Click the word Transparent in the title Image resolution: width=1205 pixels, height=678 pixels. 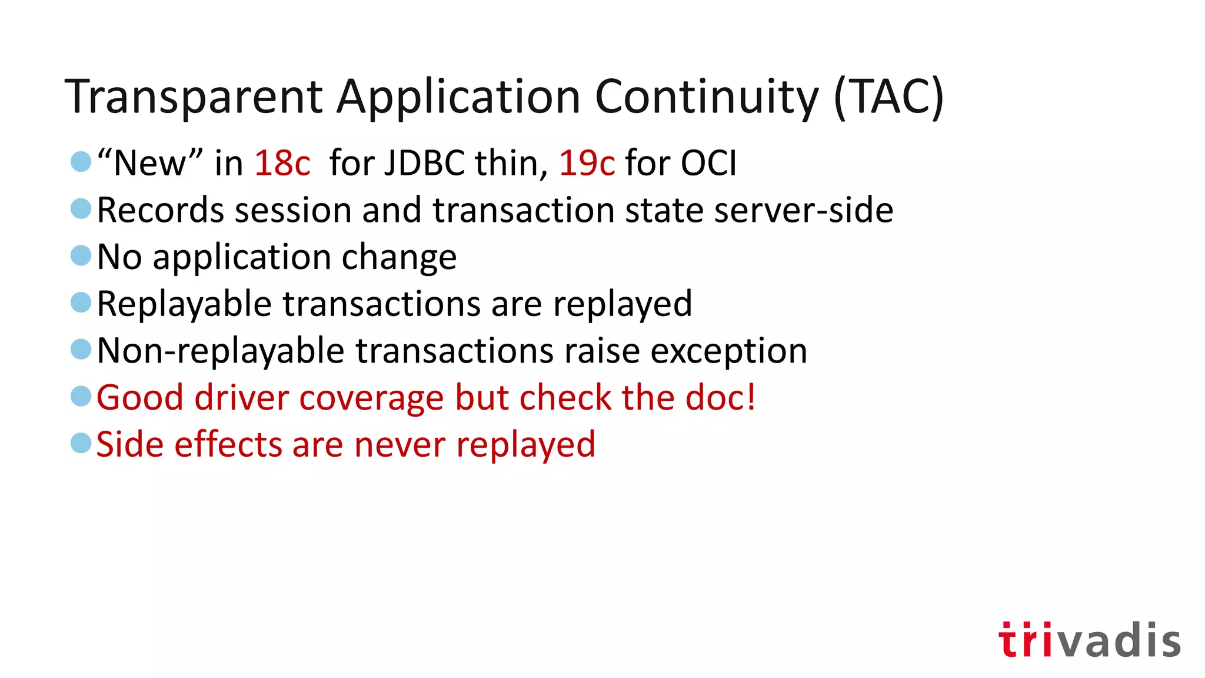[194, 97]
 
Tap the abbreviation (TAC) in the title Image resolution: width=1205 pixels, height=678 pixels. [888, 97]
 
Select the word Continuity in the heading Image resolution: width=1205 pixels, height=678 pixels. [707, 97]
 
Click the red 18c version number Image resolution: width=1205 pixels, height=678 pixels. [282, 163]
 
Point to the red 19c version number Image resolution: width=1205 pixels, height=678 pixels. [587, 163]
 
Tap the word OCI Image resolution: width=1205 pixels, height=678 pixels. [708, 163]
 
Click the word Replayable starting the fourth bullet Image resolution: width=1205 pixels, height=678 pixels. [184, 304]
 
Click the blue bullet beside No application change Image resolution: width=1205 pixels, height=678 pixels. [81, 256]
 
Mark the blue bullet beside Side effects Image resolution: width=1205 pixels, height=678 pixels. [81, 443]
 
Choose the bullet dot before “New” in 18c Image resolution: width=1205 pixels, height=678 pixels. [81, 161]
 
